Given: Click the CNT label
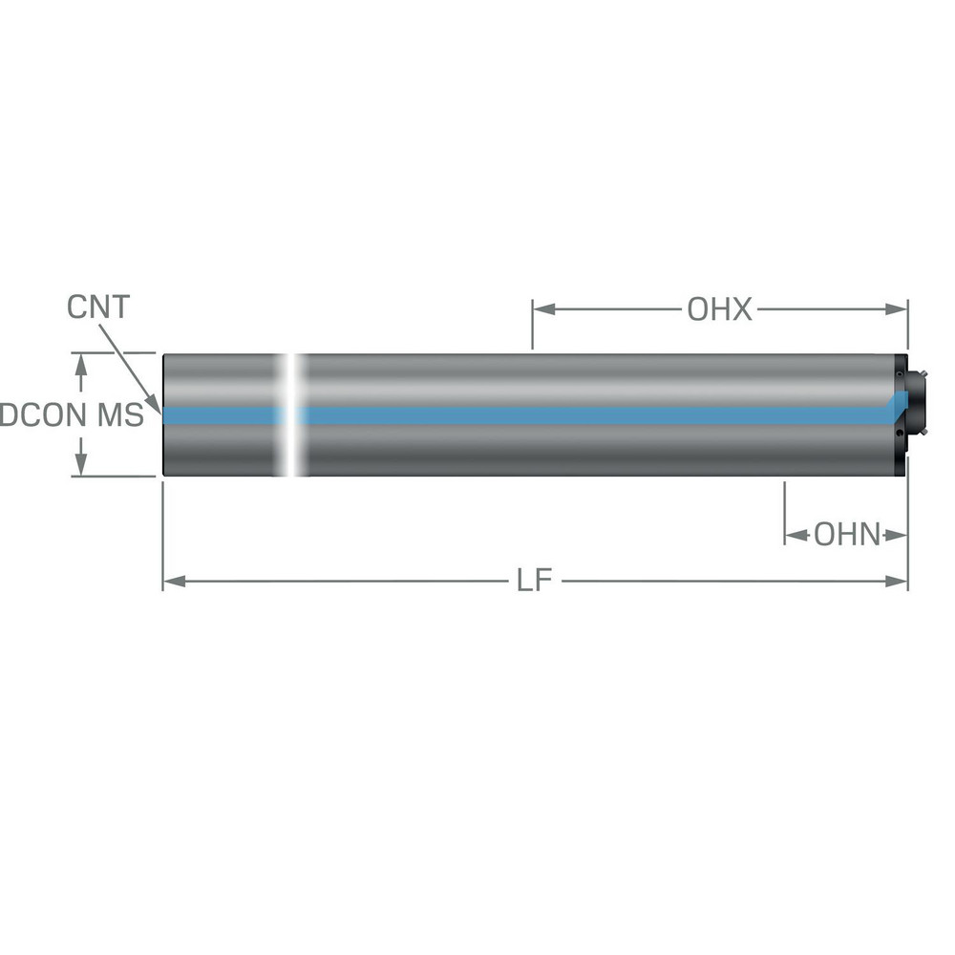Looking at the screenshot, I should (98, 308).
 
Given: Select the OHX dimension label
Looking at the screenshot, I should (719, 309).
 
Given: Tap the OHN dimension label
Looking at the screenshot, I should (846, 535).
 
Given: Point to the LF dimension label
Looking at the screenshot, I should (536, 581).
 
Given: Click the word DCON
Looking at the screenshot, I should (45, 415).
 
